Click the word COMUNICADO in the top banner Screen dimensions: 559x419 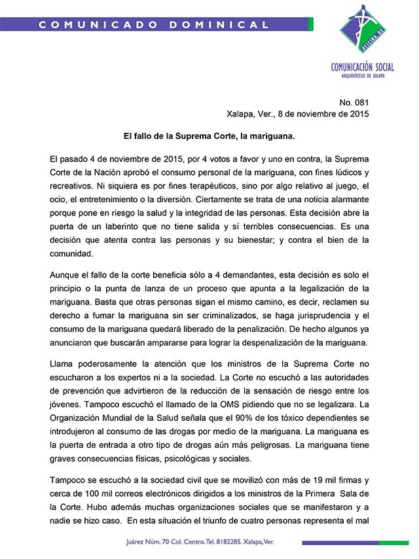click(x=89, y=25)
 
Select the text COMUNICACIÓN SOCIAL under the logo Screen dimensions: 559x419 click(x=363, y=67)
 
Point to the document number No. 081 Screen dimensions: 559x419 click(x=354, y=103)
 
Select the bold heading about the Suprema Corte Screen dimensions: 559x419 click(x=209, y=137)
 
